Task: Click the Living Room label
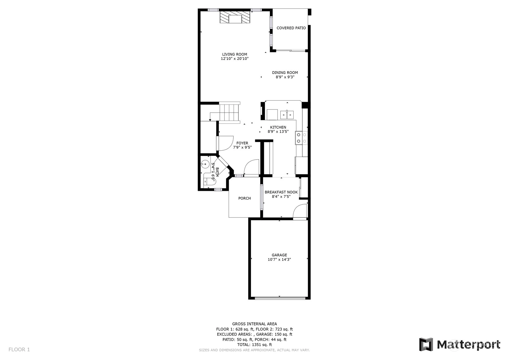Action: [235, 54]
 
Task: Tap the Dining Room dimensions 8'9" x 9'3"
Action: [285, 77]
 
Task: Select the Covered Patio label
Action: [291, 28]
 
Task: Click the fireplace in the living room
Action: [235, 17]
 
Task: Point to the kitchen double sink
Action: [287, 115]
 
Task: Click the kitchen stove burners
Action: [302, 138]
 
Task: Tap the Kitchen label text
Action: [278, 127]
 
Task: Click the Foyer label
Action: [242, 143]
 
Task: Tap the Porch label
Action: [244, 198]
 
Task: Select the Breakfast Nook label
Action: [281, 192]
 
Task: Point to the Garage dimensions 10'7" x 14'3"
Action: [279, 259]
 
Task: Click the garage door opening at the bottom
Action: [280, 298]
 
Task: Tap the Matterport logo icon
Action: [426, 345]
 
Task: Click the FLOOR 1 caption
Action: [19, 349]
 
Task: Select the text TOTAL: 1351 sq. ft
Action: [255, 345]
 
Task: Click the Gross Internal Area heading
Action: [255, 324]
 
